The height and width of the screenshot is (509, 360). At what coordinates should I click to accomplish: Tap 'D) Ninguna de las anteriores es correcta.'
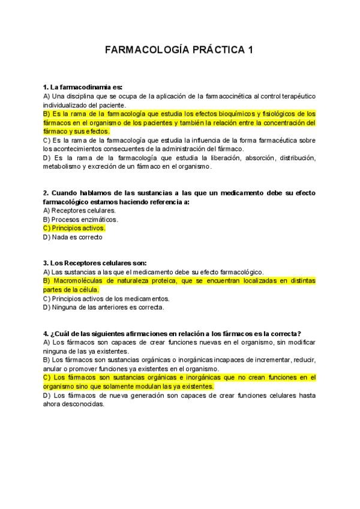[x=103, y=307]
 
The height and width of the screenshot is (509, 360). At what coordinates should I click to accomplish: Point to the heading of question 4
[x=172, y=333]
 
